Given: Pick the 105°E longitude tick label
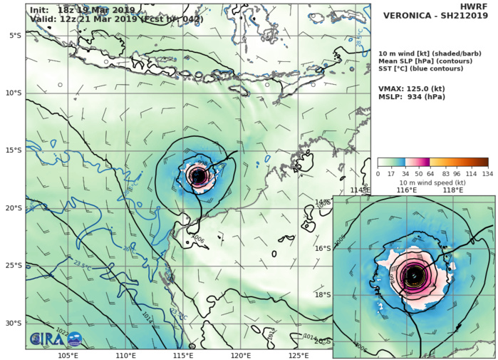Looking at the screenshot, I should tap(68, 355).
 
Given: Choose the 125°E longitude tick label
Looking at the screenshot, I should tap(299, 355).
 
